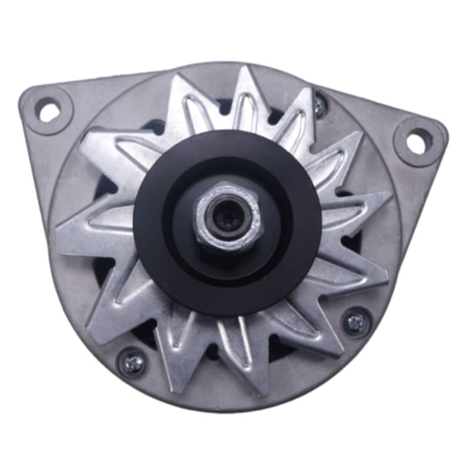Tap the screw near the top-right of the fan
tap(319, 106)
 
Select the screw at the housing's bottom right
tap(356, 323)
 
